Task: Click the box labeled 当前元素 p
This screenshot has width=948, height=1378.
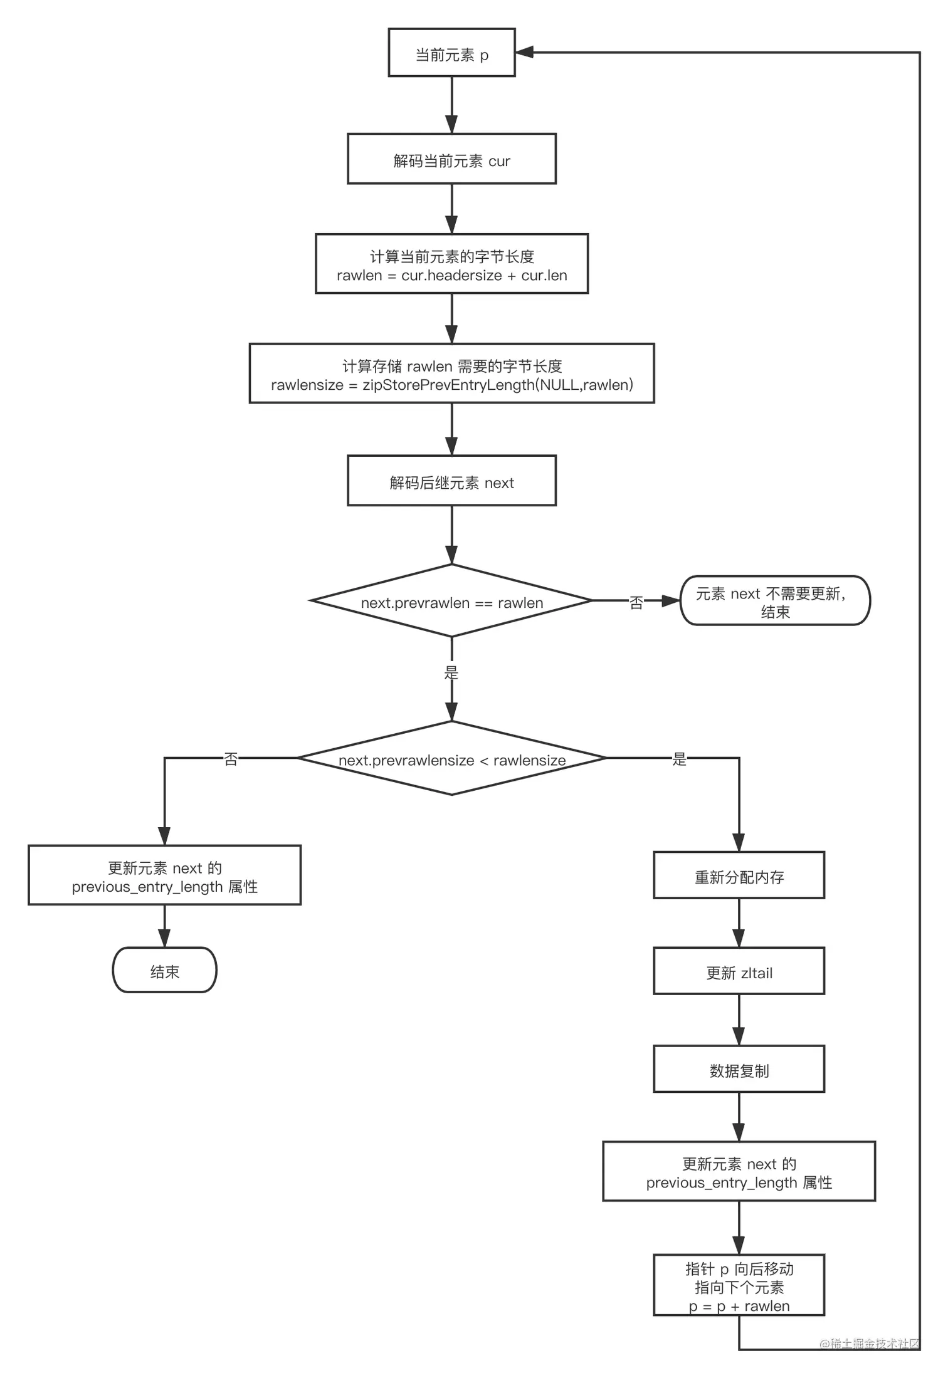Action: tap(451, 53)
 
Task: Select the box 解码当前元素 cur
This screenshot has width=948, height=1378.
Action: tap(451, 159)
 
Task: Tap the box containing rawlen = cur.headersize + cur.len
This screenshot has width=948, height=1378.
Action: tap(451, 264)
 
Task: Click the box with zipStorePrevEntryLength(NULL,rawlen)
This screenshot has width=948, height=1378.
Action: tap(451, 373)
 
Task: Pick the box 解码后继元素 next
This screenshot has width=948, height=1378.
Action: tap(451, 481)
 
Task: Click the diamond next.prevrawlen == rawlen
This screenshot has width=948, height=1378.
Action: tap(451, 602)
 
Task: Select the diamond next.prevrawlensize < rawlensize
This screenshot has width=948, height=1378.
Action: tap(451, 759)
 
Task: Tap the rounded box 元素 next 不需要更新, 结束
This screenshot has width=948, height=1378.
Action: tap(775, 601)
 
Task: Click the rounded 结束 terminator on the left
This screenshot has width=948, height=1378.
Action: tap(164, 971)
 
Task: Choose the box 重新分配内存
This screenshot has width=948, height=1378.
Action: tap(739, 876)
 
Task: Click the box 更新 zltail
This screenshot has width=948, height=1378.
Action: tap(739, 972)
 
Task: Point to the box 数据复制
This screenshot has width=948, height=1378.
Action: tap(739, 1070)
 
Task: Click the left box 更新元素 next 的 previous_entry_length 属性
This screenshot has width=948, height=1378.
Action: tap(164, 876)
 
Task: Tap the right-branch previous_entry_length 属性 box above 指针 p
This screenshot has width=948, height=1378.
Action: tap(739, 1172)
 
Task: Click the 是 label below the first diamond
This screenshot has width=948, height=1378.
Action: tap(451, 673)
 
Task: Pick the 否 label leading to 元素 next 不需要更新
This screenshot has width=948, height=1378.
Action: tap(636, 602)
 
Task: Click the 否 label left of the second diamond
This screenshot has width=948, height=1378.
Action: tap(231, 759)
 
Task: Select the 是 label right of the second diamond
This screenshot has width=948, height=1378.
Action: tap(679, 759)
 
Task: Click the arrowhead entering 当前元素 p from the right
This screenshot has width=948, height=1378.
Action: tap(524, 53)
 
